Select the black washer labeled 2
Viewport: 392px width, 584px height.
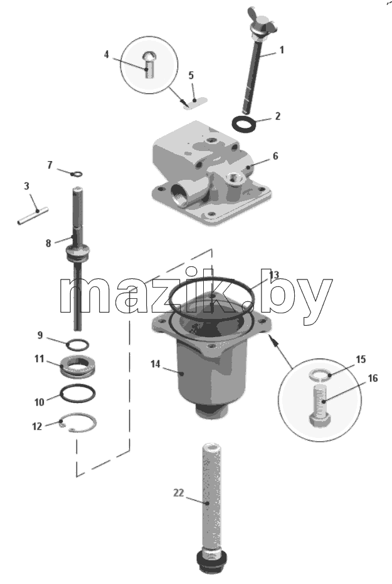(x=244, y=123)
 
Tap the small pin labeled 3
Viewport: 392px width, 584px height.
(x=33, y=216)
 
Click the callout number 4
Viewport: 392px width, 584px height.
(x=106, y=55)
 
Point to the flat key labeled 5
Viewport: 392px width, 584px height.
(x=195, y=103)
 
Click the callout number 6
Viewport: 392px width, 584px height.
(x=275, y=156)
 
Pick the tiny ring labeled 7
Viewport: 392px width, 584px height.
(x=77, y=174)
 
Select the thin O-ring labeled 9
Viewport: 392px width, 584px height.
(x=78, y=345)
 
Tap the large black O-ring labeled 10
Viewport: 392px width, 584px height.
(x=78, y=394)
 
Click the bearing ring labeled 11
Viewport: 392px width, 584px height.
(x=78, y=366)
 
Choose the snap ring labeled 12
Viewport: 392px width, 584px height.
(x=78, y=423)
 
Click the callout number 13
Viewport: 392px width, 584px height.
(x=274, y=275)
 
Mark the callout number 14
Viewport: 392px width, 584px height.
(x=156, y=364)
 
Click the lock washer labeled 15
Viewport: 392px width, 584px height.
(x=320, y=374)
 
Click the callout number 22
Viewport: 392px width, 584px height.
(x=179, y=493)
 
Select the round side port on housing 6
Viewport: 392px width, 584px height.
(x=181, y=194)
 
